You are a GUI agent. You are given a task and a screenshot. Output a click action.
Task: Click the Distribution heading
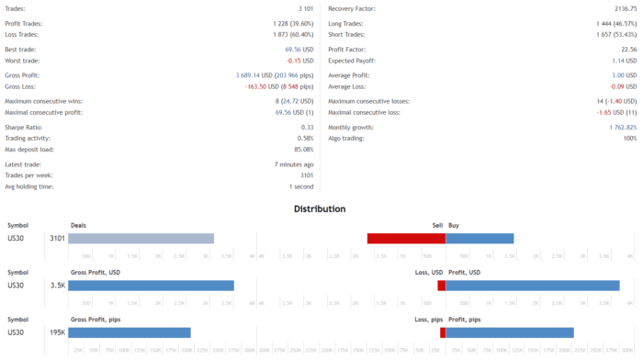(x=320, y=208)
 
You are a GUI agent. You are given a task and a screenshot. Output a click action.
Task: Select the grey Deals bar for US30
(x=141, y=238)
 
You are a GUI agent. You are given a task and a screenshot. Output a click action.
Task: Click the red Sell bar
(x=406, y=238)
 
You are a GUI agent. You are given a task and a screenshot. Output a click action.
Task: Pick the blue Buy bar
(x=479, y=238)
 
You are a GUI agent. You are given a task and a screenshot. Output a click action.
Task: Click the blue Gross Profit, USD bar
(x=151, y=286)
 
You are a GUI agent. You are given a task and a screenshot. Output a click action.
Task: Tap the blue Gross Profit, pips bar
(x=130, y=332)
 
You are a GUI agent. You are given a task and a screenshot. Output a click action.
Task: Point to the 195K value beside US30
(x=56, y=332)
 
